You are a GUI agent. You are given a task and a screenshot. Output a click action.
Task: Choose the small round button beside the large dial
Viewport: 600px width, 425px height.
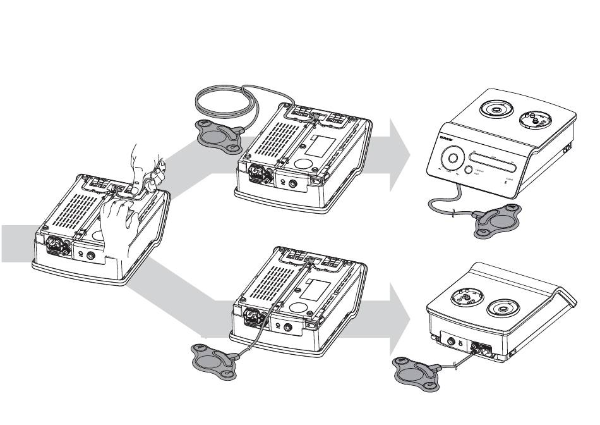(469, 169)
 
